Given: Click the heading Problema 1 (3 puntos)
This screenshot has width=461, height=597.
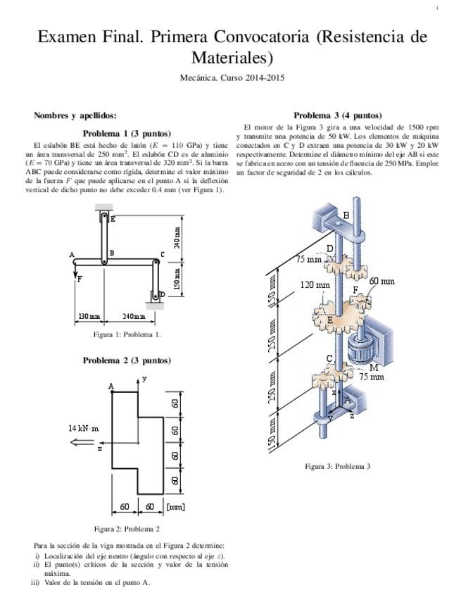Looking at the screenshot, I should pos(127,132).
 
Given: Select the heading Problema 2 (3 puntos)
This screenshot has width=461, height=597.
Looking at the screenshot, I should pos(127,360).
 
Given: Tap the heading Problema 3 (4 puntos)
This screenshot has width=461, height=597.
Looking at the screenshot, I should pos(338,115).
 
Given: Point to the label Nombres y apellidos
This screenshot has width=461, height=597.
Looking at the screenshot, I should pos(75,115).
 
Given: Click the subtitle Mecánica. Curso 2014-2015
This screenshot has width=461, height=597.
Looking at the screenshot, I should pos(232,78).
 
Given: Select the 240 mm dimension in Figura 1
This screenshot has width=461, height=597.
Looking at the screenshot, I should pos(134,317).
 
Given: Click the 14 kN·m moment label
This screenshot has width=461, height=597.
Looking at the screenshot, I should pos(84,428).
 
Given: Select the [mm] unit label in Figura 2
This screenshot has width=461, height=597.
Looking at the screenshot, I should pos(175,506).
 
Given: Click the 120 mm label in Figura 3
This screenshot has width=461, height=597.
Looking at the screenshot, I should pos(315,285).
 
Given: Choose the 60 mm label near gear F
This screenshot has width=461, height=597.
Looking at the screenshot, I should pos(382,281).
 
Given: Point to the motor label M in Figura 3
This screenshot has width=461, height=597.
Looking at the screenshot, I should pos(373,367).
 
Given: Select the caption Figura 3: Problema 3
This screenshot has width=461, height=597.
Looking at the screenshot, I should pos(337,466).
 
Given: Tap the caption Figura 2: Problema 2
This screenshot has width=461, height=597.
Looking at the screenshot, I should pos(127,529).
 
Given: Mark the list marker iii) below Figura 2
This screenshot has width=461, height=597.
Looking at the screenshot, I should pos(35,582).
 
